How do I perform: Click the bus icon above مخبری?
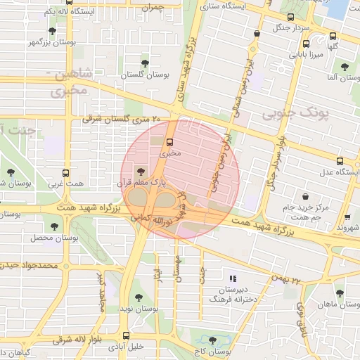pos(167,139)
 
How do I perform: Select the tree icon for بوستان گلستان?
pos(146,63)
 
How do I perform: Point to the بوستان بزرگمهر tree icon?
pos(52,31)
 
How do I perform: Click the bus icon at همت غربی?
pos(65,172)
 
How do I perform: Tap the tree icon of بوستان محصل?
pos(54,226)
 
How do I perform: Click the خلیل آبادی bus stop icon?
pos(126,335)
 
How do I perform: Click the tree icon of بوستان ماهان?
pos(340,293)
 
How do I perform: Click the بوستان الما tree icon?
pos(344,67)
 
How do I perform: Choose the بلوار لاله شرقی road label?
pos(77,340)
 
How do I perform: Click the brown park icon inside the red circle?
pos(139,170)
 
